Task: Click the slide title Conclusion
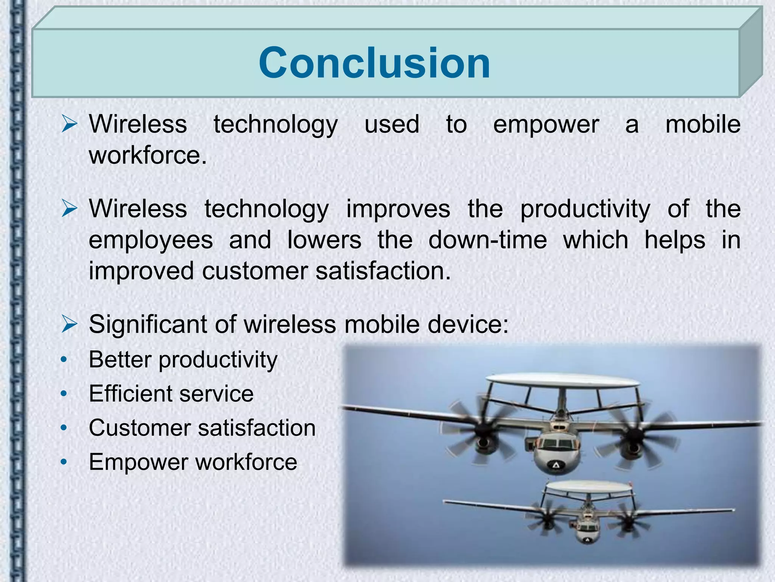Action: [374, 63]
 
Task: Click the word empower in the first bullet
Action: [546, 125]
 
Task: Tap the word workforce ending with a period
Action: [148, 155]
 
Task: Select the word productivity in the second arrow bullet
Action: [585, 209]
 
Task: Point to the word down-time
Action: [487, 240]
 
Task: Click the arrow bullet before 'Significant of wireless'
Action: [69, 324]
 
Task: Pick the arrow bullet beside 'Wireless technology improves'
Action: [69, 209]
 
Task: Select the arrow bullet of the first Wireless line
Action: [69, 125]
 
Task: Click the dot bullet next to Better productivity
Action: [64, 360]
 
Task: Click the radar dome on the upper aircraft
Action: [562, 384]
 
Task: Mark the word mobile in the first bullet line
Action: [703, 125]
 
